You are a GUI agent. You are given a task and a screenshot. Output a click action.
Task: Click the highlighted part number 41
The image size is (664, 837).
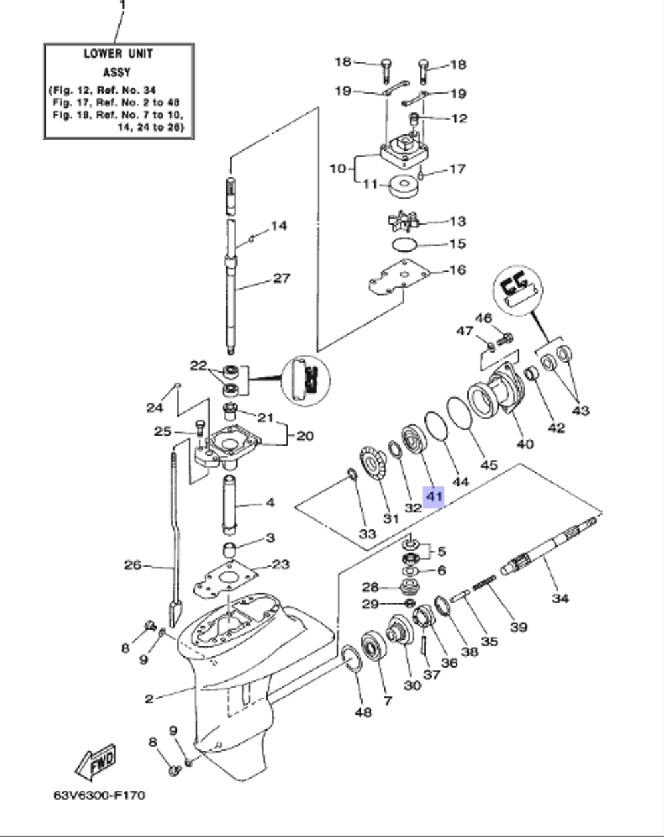pyautogui.click(x=434, y=496)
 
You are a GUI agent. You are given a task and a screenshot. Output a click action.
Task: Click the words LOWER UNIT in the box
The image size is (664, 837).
pyautogui.click(x=118, y=54)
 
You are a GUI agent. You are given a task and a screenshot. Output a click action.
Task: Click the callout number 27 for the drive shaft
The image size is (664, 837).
pyautogui.click(x=282, y=278)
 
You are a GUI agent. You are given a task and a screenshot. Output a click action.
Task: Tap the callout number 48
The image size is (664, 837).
pyautogui.click(x=363, y=712)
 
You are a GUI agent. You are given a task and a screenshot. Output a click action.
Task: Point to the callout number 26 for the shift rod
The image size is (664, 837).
pyautogui.click(x=133, y=565)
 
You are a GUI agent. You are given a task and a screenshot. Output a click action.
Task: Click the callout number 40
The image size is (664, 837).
pyautogui.click(x=525, y=444)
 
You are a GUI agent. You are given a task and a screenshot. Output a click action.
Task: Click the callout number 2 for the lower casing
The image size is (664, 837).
pyautogui.click(x=149, y=698)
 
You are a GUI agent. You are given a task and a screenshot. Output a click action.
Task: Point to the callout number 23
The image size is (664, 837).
pyautogui.click(x=281, y=565)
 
